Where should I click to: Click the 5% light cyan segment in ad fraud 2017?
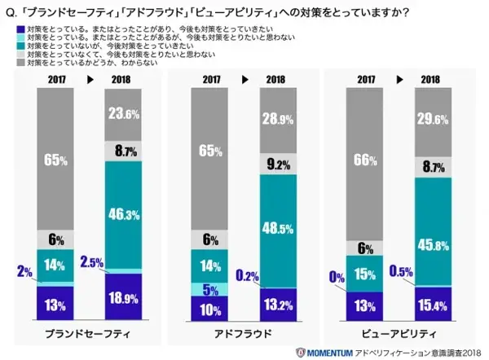pos(209,288)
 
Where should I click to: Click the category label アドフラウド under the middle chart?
pos(244,334)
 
